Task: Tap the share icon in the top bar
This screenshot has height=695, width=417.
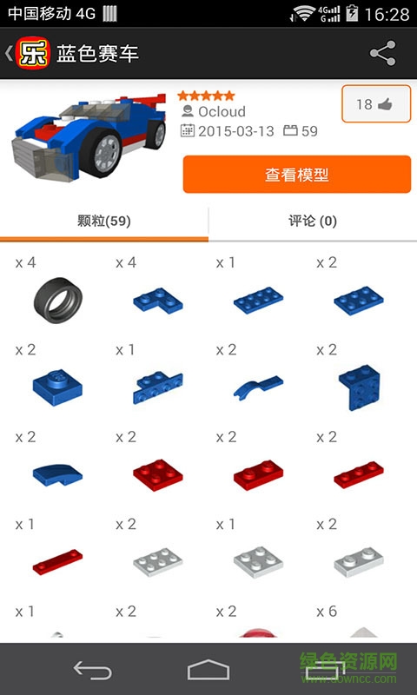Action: [x=382, y=54]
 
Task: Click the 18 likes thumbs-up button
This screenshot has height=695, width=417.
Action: [x=375, y=104]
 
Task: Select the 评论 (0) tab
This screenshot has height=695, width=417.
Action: [x=313, y=222]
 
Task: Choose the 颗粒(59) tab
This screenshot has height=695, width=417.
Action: [x=104, y=222]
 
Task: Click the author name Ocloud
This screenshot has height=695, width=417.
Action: [x=222, y=112]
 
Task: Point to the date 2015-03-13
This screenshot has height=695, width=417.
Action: [x=235, y=132]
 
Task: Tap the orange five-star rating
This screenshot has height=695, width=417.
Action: [x=206, y=96]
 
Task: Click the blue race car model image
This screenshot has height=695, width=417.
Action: [x=87, y=135]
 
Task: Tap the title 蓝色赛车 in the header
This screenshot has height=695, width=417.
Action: [x=97, y=54]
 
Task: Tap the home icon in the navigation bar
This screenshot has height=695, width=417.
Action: [x=208, y=669]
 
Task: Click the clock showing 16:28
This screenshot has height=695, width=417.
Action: [x=387, y=14]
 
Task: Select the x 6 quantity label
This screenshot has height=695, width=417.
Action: [x=326, y=612]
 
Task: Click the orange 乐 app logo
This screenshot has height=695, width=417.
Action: [x=35, y=54]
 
